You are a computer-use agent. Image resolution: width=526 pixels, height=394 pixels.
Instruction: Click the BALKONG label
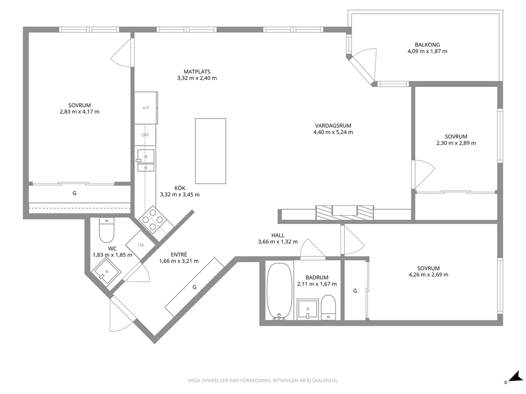[x=427, y=44]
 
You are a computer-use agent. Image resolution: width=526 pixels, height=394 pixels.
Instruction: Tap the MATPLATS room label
[x=197, y=71]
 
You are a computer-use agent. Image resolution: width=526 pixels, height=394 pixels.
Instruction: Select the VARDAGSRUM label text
[x=333, y=126]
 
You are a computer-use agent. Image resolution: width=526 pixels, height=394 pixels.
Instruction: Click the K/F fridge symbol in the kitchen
[x=146, y=108]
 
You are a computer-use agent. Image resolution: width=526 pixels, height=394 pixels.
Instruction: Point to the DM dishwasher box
[x=145, y=135]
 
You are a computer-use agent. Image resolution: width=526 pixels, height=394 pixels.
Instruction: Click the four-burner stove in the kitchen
[x=153, y=220]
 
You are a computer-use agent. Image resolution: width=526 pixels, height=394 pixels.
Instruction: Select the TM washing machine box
[x=141, y=245]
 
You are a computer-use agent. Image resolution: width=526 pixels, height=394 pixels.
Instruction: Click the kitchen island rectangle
[x=211, y=151]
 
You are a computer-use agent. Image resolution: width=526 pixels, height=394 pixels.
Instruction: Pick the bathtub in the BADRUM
[x=279, y=291]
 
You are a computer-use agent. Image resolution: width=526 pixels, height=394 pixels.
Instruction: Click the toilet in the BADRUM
[x=328, y=307]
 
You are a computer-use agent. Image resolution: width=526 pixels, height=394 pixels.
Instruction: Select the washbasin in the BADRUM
[x=308, y=309]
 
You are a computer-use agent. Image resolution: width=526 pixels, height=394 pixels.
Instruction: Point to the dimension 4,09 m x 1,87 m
[x=427, y=51]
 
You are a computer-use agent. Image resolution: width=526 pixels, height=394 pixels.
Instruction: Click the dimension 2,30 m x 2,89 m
[x=456, y=143]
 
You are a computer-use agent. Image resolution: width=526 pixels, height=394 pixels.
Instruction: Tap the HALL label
[x=278, y=235]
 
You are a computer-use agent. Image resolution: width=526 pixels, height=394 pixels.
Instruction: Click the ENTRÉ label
[x=179, y=255]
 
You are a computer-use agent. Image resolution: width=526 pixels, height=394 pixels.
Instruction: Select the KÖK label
[x=180, y=189]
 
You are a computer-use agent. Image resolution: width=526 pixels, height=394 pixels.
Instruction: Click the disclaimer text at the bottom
[x=262, y=381]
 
